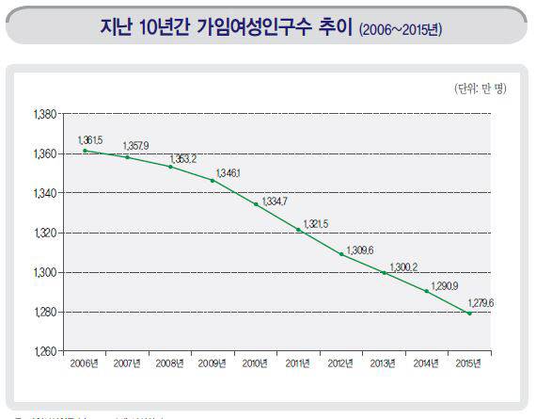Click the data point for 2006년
pyautogui.click(x=85, y=151)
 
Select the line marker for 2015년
pyautogui.click(x=469, y=313)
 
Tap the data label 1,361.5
pyautogui.click(x=91, y=139)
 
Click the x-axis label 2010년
pyautogui.click(x=256, y=363)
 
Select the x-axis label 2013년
pyautogui.click(x=384, y=363)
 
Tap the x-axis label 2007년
pyautogui.click(x=128, y=363)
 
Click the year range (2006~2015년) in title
pyautogui.click(x=401, y=30)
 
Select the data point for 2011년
pyautogui.click(x=298, y=230)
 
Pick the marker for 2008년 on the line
pyautogui.click(x=170, y=167)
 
